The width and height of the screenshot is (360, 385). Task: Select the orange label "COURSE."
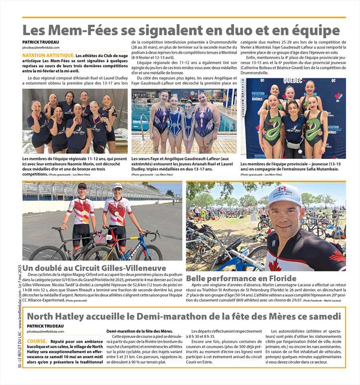[37, 327]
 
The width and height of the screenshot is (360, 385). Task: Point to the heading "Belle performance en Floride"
[241, 278]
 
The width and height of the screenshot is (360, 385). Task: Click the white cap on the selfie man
[284, 195]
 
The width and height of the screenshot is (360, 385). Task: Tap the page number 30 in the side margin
[18, 378]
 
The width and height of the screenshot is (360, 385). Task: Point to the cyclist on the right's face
[117, 190]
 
